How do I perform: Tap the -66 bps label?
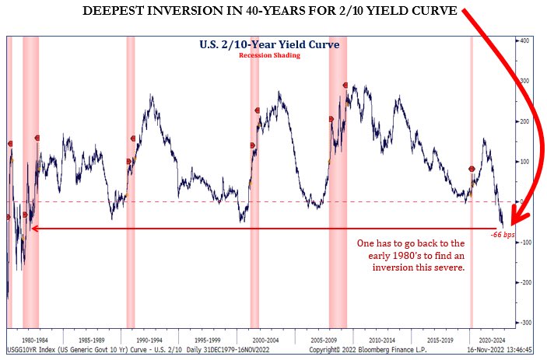(x=503, y=234)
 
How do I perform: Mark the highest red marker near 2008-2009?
(x=345, y=85)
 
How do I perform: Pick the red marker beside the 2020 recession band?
(x=472, y=169)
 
